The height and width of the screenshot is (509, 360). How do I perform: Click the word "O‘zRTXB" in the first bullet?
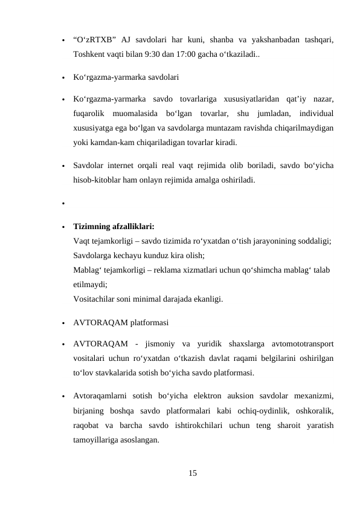[x=94, y=41]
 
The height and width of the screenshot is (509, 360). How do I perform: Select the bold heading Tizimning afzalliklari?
[x=114, y=227]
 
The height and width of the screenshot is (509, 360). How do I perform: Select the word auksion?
[x=230, y=397]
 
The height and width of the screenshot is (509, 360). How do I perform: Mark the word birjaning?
[x=89, y=411]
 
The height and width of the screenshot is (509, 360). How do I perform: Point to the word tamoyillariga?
[x=97, y=440]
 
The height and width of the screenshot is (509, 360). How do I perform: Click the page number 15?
[x=192, y=472]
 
